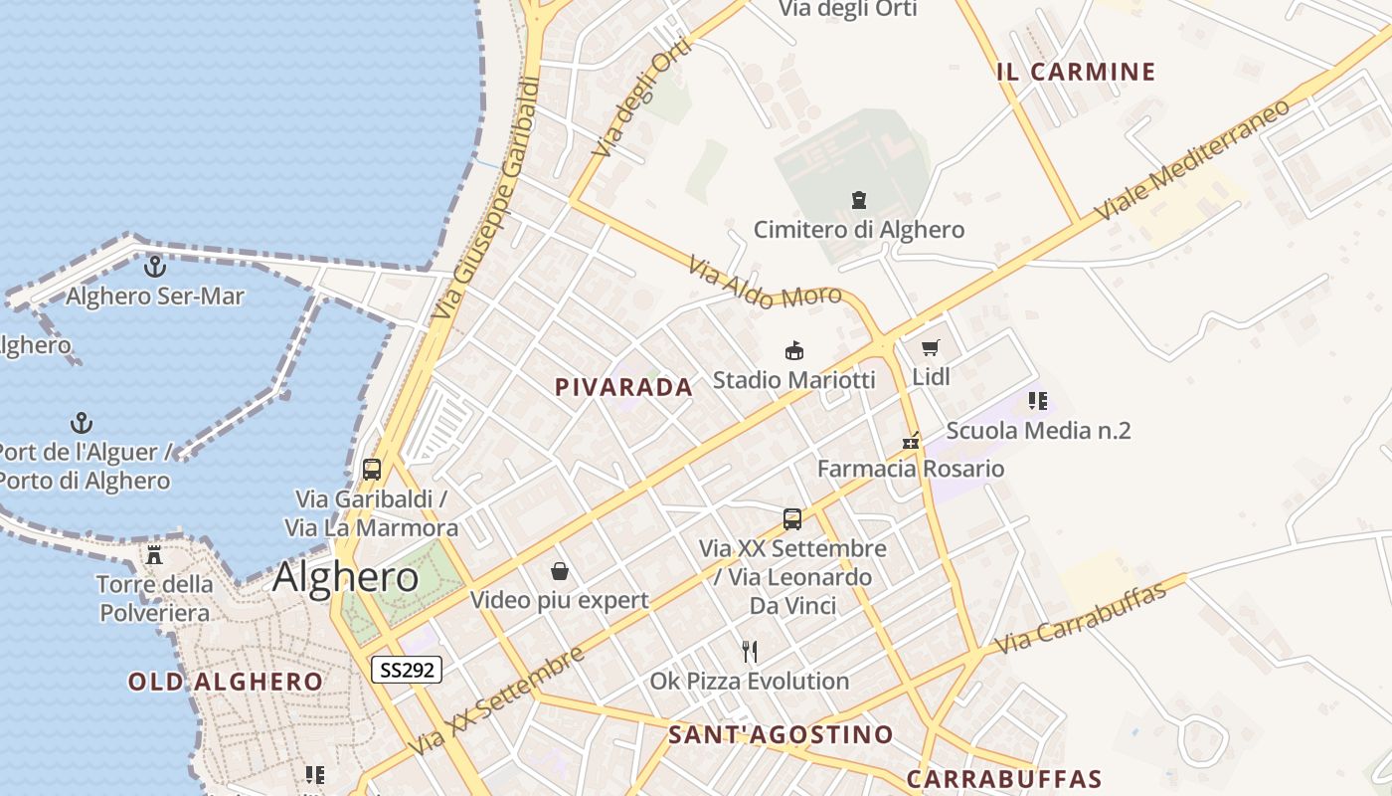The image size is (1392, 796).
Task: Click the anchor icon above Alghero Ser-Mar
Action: (x=154, y=267)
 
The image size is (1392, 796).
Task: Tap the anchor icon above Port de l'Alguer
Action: (x=82, y=424)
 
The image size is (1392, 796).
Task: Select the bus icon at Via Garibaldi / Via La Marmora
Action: (x=372, y=470)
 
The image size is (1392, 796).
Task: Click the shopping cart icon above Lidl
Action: (x=931, y=348)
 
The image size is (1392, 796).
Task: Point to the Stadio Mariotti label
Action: (x=793, y=380)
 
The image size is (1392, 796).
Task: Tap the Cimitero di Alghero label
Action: (x=858, y=230)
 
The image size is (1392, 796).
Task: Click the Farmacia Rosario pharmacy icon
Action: (x=911, y=441)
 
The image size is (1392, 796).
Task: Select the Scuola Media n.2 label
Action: (x=1038, y=431)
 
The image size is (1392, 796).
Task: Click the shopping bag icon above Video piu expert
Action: (x=560, y=571)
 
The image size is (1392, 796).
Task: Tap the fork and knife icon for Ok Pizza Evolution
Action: (x=750, y=652)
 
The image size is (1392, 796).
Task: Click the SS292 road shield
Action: (x=406, y=670)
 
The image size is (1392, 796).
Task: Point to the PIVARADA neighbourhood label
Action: (x=623, y=388)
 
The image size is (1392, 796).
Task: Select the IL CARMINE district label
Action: (x=1076, y=72)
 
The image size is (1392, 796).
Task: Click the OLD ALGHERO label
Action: (x=226, y=682)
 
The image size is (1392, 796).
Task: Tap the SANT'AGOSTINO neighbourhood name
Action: (x=781, y=735)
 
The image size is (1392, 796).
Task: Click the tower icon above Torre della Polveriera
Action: (x=154, y=555)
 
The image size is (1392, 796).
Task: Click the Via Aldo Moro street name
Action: (x=765, y=283)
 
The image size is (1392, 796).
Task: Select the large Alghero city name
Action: (x=345, y=577)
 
